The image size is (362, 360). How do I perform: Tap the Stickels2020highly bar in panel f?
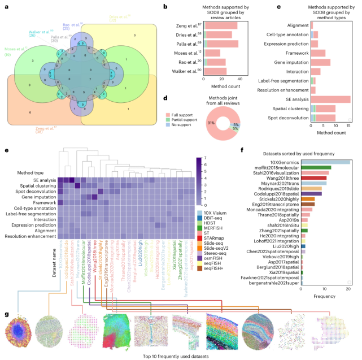pos(308,199)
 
